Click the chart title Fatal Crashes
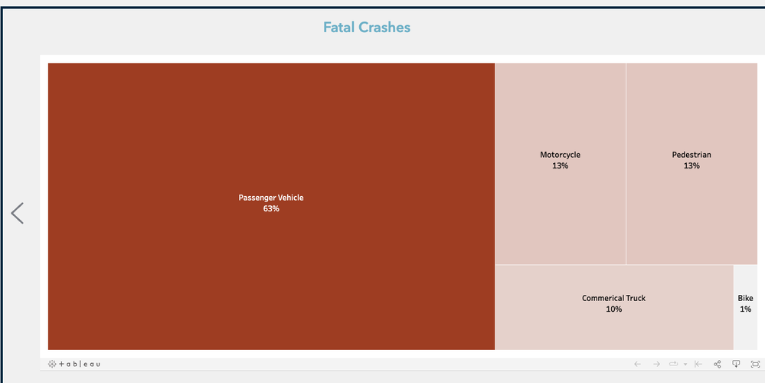point(367,28)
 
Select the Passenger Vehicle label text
point(271,198)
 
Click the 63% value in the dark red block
point(271,209)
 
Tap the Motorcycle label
point(560,155)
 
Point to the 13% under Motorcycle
point(560,166)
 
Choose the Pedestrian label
point(691,155)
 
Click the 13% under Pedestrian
point(691,166)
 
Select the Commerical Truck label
point(613,298)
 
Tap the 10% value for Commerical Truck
point(613,309)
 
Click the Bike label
point(745,298)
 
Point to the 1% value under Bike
point(745,309)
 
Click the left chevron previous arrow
point(18,213)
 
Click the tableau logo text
point(80,364)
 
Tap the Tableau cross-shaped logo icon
point(52,364)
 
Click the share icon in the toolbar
point(718,364)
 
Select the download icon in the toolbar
point(737,364)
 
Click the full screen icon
point(755,364)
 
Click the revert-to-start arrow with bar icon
point(698,364)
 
